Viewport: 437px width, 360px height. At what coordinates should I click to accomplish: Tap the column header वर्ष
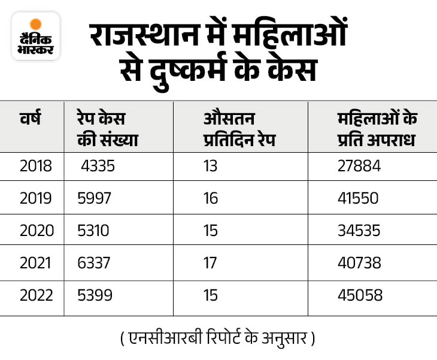coord(30,118)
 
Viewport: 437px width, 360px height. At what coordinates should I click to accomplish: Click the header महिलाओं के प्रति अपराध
coord(377,129)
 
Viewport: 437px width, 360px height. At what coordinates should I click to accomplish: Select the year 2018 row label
coord(36,165)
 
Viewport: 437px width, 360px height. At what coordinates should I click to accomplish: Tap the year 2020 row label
coord(37,230)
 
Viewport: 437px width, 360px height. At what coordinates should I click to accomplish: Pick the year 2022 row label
coord(37,295)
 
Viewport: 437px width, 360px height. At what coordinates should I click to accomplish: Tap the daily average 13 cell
coord(211,165)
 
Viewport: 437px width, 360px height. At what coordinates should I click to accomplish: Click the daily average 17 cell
coord(211,262)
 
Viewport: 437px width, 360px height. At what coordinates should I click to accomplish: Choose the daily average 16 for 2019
coord(211,198)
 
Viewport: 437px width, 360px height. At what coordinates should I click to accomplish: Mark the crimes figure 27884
coord(359,165)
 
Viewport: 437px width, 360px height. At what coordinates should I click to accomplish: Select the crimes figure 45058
coord(359,295)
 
